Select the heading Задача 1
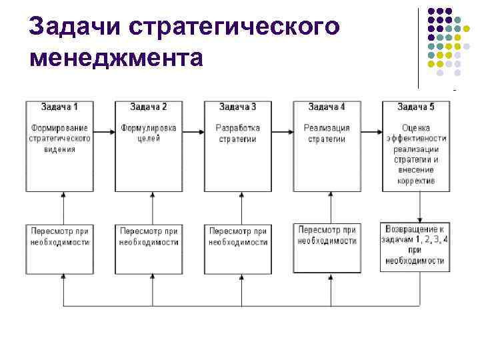coord(59,107)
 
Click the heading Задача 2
coord(149,107)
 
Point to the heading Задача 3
coord(238,107)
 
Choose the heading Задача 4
coord(327,107)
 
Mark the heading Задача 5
coord(416,107)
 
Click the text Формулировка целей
coord(149,133)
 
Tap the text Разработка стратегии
coord(238,133)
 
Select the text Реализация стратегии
coord(327,133)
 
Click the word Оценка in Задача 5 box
coord(416,127)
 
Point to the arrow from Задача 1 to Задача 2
coord(104,132)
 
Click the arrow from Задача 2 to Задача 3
coord(193,132)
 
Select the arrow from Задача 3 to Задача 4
coord(283,132)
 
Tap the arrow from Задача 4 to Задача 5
coord(371,132)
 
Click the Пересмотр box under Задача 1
coord(59,247)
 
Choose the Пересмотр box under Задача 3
coord(238,247)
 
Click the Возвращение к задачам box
coord(416,245)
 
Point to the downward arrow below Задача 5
coord(420,207)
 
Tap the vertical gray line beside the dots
coord(419,47)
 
